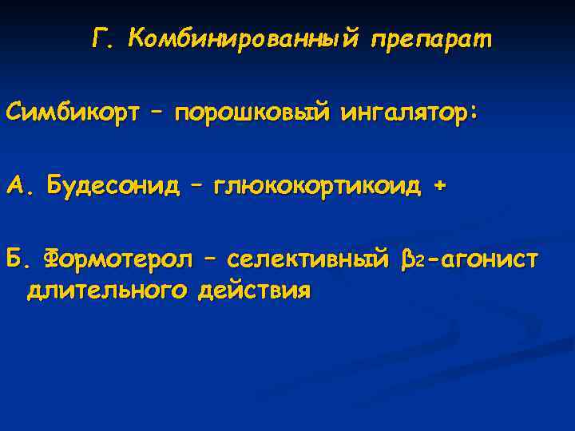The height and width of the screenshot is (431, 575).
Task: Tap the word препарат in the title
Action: pos(431,38)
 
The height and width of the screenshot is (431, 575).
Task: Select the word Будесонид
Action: pos(113,186)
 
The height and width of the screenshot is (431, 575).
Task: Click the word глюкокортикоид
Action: pos(314,186)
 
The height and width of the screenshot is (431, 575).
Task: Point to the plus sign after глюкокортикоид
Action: pos(437,186)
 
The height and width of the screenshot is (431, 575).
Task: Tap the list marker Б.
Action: pos(18,259)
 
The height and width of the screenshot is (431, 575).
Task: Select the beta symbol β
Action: pos(409,260)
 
